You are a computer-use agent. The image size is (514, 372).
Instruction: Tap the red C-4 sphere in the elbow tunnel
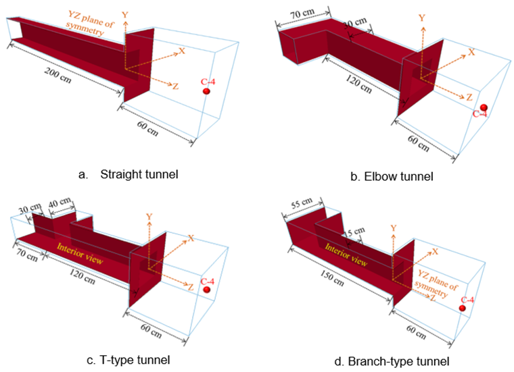point(484,108)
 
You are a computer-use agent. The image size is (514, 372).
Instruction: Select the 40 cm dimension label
point(60,203)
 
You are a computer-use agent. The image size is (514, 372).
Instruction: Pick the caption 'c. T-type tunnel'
point(128,359)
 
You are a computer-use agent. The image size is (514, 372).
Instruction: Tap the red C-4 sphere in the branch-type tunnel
point(463,309)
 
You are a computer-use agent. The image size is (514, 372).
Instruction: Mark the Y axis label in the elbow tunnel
point(422,18)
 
